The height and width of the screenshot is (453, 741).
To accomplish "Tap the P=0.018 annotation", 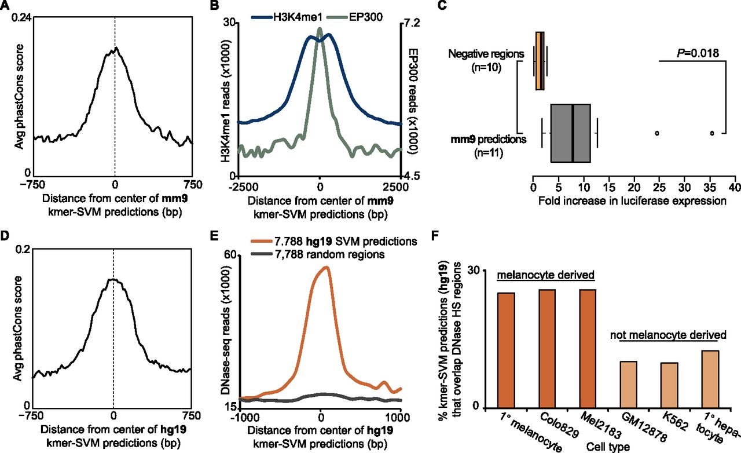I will pos(698,53).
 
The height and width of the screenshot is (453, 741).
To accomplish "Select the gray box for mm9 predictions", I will pos(570,133).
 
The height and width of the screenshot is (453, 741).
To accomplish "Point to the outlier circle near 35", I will pos(712,133).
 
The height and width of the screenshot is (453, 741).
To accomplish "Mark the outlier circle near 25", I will pos(657,133).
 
